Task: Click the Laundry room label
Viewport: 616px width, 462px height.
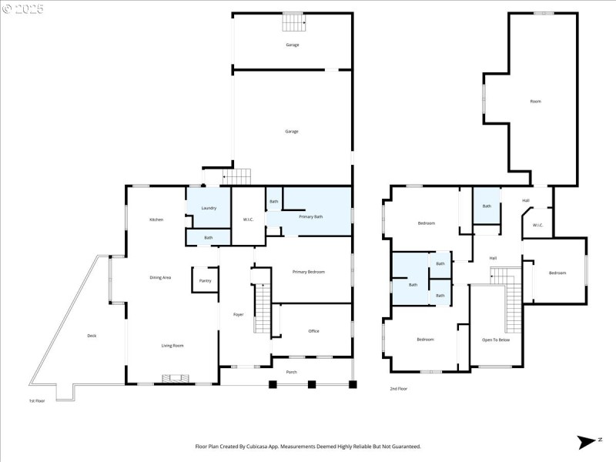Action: [208, 209]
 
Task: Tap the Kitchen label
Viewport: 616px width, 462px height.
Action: [156, 220]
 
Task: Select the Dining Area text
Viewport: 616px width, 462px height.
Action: [160, 277]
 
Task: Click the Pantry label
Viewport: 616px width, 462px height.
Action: [205, 280]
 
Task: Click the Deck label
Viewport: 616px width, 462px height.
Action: [92, 335]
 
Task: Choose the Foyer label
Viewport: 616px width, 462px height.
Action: [239, 314]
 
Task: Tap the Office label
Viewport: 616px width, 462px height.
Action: [313, 331]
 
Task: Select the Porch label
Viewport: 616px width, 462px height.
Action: [291, 372]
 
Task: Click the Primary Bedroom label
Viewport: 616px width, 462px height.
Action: [308, 272]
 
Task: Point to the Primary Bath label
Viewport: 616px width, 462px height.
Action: [311, 216]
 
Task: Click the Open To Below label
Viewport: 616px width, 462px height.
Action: [496, 340]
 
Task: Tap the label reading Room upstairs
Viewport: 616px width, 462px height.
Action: [535, 102]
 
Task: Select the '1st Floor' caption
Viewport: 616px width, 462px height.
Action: [37, 400]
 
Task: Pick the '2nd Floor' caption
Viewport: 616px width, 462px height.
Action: [398, 389]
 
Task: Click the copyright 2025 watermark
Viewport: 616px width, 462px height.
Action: [23, 9]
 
